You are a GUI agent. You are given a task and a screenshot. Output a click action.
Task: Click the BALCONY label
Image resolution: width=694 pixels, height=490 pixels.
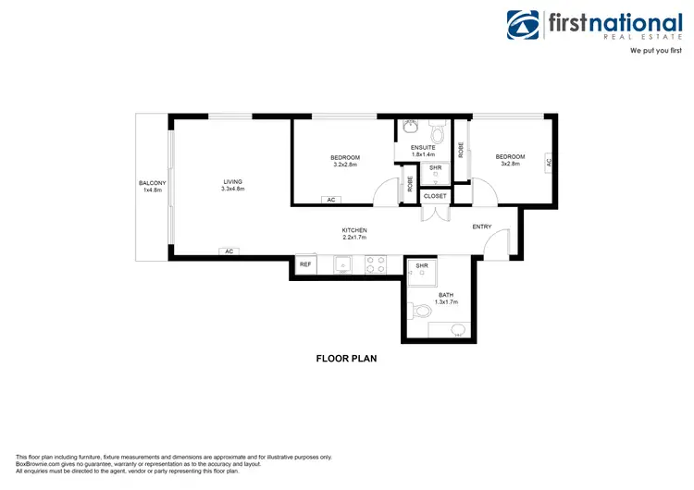click(152, 183)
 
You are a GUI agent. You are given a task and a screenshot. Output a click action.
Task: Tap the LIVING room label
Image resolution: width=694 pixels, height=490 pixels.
click(232, 181)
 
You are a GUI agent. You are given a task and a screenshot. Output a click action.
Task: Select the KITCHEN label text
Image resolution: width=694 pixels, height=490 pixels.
click(354, 230)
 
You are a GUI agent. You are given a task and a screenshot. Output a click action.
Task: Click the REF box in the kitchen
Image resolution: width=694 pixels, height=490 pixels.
click(304, 264)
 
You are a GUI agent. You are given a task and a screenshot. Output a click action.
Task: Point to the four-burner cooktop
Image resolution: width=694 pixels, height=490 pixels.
click(376, 265)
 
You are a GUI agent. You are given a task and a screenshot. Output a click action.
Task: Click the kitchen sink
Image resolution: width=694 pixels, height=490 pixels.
click(342, 265)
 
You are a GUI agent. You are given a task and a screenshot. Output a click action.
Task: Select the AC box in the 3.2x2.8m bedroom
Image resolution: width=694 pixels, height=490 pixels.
click(330, 200)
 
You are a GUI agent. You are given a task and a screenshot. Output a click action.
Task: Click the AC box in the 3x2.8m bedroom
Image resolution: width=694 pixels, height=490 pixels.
click(548, 161)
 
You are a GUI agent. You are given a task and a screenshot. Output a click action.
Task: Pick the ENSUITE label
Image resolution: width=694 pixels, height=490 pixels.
click(410, 147)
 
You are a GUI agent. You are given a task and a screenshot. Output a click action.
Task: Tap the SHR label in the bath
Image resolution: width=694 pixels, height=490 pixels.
click(422, 265)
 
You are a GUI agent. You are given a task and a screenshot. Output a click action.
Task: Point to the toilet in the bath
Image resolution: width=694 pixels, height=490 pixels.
click(419, 310)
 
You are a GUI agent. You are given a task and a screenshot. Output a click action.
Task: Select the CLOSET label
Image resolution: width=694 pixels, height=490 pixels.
click(435, 196)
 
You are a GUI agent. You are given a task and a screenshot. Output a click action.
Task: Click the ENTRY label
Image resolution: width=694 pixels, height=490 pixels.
click(482, 227)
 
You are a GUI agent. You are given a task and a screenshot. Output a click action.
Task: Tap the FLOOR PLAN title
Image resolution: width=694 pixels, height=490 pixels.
click(346, 358)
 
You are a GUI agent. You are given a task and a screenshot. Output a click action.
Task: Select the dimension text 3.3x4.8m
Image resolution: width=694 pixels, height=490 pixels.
click(232, 189)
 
